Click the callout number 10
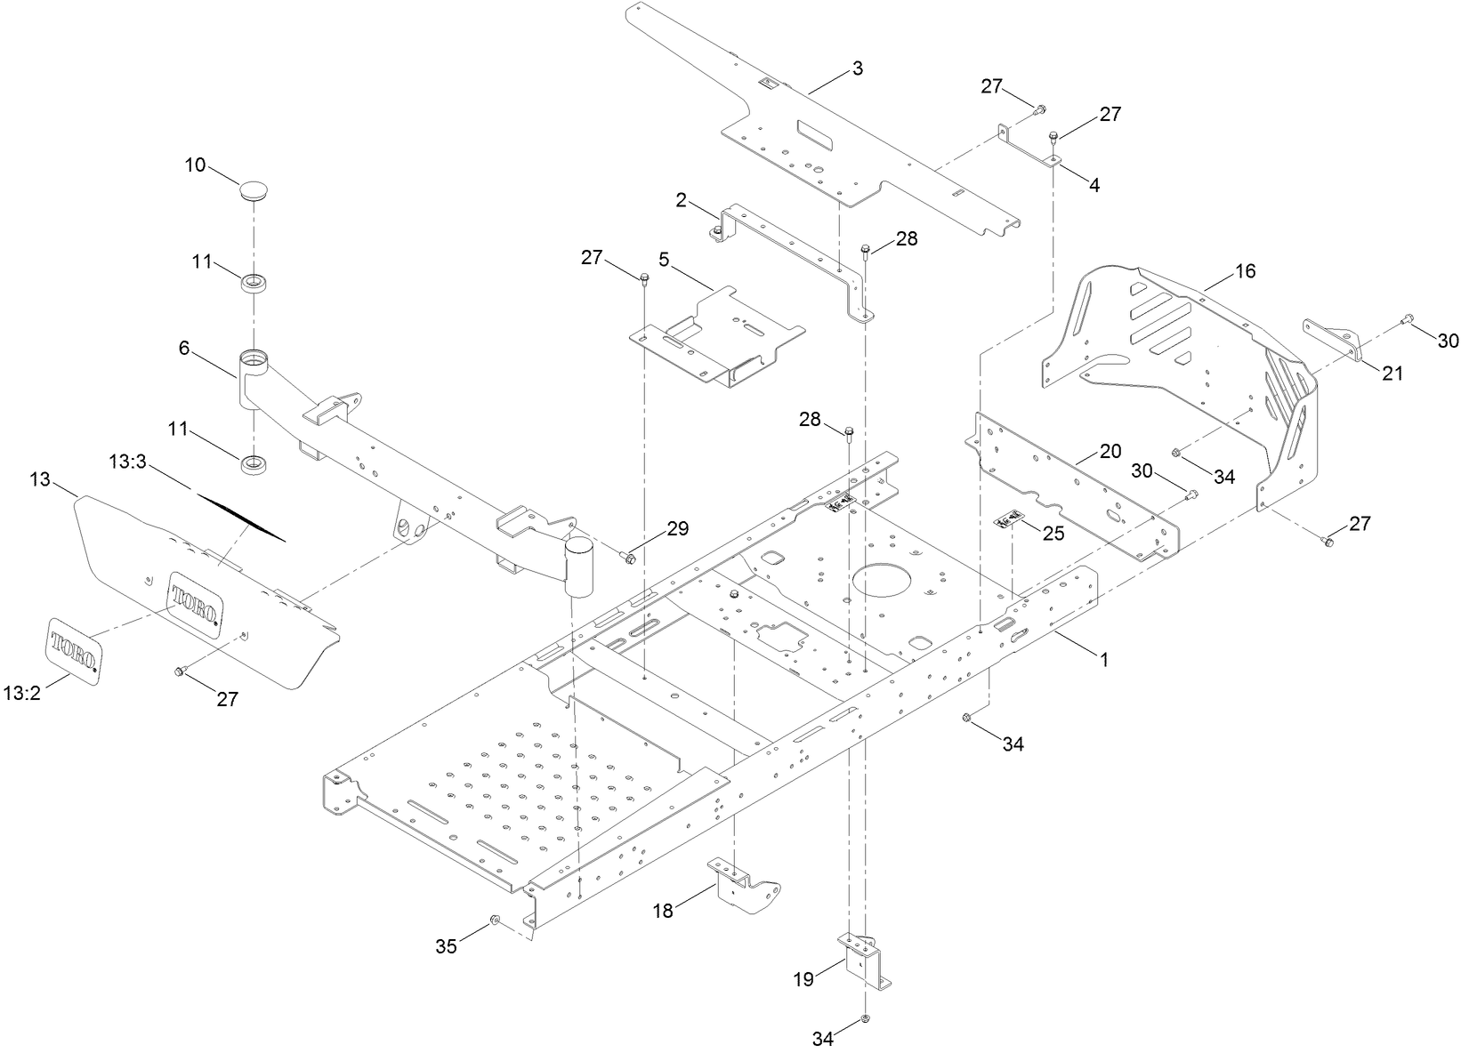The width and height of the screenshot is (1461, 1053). [195, 165]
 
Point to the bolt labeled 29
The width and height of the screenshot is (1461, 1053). [627, 558]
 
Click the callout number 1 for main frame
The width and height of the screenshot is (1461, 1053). [1103, 659]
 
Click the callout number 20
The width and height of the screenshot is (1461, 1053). [1110, 450]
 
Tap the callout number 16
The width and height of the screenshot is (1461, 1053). [1246, 271]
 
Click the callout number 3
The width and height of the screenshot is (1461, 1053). [857, 68]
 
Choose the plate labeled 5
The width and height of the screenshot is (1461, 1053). [717, 334]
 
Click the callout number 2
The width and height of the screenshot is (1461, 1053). [682, 200]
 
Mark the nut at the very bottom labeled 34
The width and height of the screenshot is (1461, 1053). [865, 1018]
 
